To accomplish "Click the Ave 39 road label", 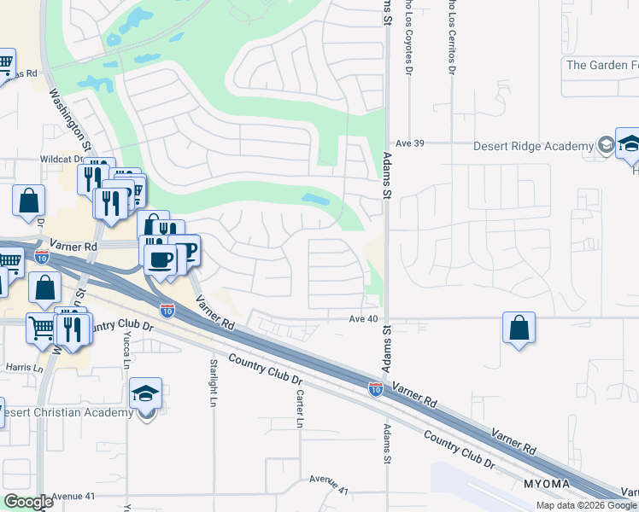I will point(404,144).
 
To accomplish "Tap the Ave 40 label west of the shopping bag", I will point(362,318).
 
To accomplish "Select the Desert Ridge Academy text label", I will point(533,146).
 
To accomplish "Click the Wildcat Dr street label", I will point(60,159).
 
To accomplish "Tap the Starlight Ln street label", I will point(214,381).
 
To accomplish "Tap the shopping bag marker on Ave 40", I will point(519,329).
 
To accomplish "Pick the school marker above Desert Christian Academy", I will point(146,395).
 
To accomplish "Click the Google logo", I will point(27,503).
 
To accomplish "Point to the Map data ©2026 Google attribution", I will point(586,505).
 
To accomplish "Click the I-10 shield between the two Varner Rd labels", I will point(375,389).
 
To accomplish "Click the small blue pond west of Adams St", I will point(316,200).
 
